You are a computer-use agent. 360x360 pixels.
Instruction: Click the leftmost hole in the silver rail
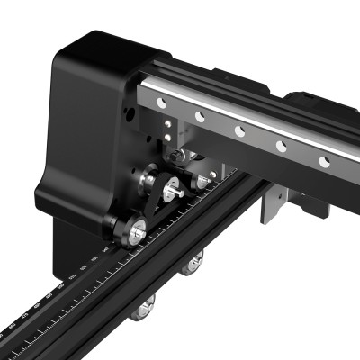click(x=161, y=103)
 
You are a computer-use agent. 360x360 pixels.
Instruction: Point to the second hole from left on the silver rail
click(x=199, y=117)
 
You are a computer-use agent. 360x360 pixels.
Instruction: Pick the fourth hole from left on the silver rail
click(x=281, y=146)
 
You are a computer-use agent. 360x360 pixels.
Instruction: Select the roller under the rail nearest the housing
click(x=192, y=264)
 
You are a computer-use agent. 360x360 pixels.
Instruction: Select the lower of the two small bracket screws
click(x=166, y=137)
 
